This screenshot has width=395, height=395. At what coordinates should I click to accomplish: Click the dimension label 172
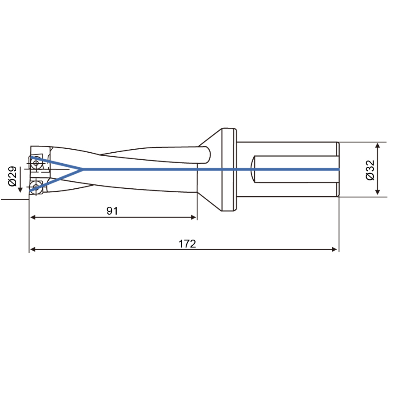click(187, 244)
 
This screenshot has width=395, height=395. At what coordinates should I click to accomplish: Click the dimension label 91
click(112, 211)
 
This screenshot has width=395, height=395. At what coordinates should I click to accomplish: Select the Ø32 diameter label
click(370, 170)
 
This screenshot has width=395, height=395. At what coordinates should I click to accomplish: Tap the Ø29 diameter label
click(12, 176)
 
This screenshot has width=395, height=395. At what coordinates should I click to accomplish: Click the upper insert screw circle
click(36, 163)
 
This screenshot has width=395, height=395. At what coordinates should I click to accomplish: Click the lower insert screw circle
click(36, 187)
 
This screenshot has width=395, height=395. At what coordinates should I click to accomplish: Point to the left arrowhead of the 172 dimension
click(32, 249)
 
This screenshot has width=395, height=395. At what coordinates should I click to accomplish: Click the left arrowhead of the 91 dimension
click(33, 217)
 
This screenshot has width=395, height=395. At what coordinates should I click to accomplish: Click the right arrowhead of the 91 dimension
click(194, 217)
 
